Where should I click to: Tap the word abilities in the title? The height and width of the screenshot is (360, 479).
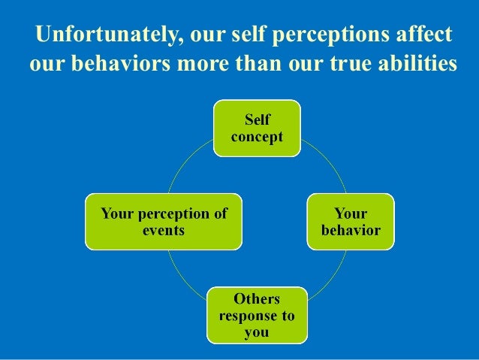click(x=415, y=65)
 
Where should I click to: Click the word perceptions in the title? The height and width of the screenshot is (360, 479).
click(x=318, y=35)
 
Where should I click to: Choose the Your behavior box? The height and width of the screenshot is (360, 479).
click(x=351, y=222)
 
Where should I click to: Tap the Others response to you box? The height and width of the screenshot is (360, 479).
click(x=256, y=315)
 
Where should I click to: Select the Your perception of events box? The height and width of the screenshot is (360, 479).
click(x=164, y=222)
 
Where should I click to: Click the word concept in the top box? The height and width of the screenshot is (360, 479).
click(x=257, y=137)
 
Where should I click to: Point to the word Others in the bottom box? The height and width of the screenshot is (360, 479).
click(x=257, y=300)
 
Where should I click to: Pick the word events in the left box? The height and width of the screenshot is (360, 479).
click(x=164, y=230)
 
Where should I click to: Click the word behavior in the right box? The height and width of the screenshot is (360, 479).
click(x=351, y=230)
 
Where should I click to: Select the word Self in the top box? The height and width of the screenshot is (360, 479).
click(x=258, y=120)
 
